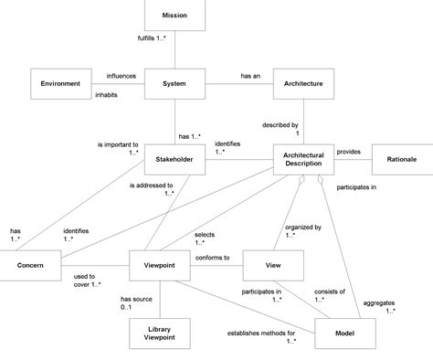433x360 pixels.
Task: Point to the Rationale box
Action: click(401, 159)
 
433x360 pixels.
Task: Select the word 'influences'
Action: click(122, 76)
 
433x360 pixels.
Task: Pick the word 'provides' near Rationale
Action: click(349, 151)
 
